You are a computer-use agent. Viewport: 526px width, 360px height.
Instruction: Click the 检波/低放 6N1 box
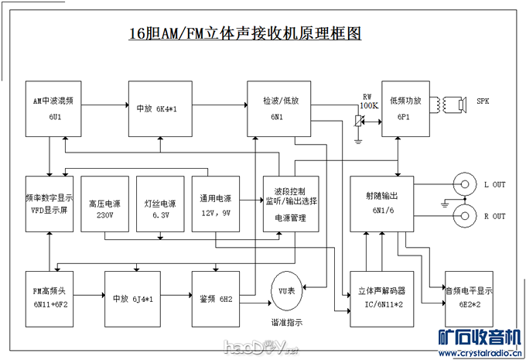click(x=276, y=108)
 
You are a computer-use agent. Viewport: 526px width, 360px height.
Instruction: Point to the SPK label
click(x=483, y=101)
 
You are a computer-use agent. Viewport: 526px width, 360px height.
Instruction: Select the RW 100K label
click(x=368, y=101)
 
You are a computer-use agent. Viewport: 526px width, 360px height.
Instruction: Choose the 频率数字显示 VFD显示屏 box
click(x=48, y=204)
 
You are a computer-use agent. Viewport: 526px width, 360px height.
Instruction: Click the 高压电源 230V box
click(x=105, y=204)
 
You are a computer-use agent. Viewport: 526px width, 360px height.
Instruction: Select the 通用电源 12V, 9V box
click(x=216, y=204)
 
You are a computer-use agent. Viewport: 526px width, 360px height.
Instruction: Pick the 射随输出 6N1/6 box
click(x=382, y=204)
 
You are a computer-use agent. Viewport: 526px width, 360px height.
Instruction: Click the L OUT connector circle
click(x=465, y=186)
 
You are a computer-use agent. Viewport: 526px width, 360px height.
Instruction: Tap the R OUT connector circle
click(x=465, y=216)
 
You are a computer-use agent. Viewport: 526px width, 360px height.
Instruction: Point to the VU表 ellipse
click(x=286, y=290)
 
